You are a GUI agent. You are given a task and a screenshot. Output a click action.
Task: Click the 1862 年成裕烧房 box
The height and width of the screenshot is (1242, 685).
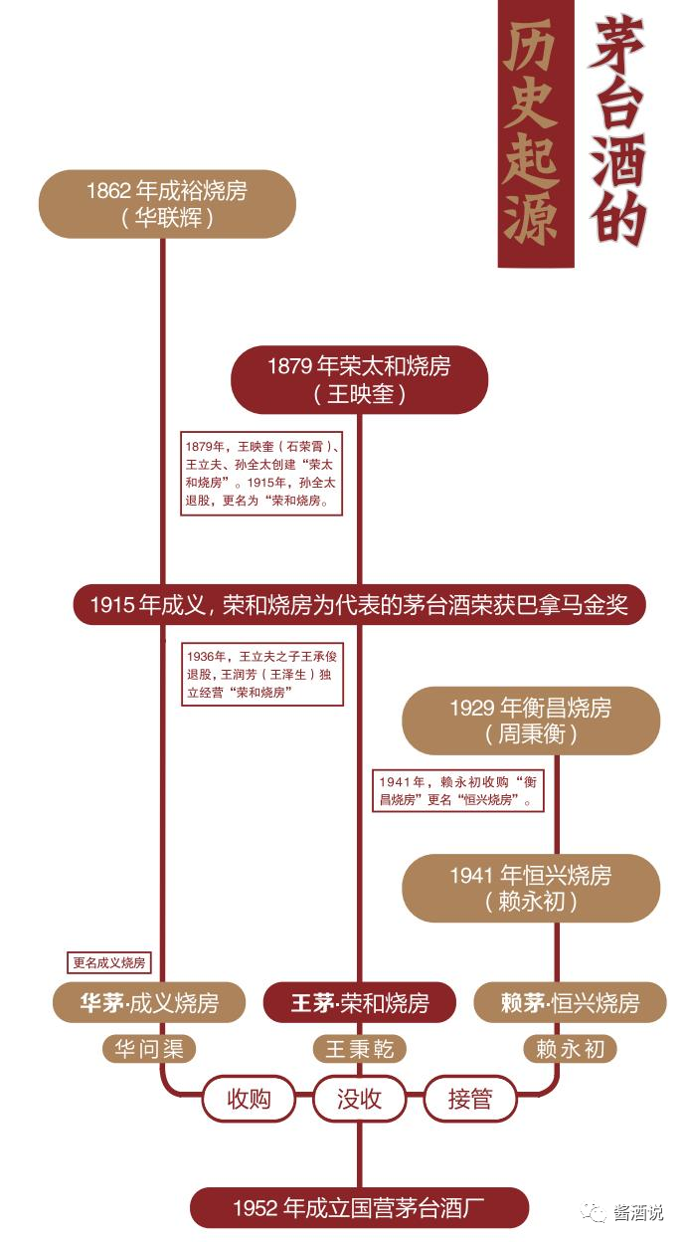pyautogui.click(x=167, y=203)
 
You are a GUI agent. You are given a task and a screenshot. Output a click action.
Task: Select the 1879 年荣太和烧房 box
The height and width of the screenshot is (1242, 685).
pyautogui.click(x=359, y=379)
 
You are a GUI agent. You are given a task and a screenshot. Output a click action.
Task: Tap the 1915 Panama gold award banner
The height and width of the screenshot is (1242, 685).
pyautogui.click(x=359, y=604)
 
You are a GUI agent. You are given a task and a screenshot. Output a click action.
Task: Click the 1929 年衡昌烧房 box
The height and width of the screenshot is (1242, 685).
pyautogui.click(x=530, y=721)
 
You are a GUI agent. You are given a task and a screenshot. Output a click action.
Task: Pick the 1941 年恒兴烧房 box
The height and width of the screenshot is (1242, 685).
pyautogui.click(x=530, y=888)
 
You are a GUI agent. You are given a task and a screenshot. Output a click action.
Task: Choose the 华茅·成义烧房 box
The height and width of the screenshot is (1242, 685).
pyautogui.click(x=149, y=1002)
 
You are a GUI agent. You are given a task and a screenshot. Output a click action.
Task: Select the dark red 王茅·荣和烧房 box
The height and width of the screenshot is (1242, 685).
pyautogui.click(x=359, y=1002)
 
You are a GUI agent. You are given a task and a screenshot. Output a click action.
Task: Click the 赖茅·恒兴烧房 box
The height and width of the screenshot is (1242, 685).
pyautogui.click(x=570, y=1002)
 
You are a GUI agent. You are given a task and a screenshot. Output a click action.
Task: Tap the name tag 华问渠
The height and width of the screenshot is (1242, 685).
pyautogui.click(x=149, y=1048)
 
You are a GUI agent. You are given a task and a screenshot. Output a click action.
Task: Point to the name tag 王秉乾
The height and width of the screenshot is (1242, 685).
pyautogui.click(x=359, y=1049)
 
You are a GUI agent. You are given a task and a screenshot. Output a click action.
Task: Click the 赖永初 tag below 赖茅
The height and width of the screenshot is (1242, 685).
pyautogui.click(x=570, y=1048)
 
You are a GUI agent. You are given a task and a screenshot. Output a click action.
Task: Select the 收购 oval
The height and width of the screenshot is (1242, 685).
pyautogui.click(x=249, y=1099)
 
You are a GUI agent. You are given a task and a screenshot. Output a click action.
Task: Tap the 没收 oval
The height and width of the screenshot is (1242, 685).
pyautogui.click(x=359, y=1099)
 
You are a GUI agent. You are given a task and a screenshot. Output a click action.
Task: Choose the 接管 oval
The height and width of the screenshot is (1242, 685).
pyautogui.click(x=469, y=1099)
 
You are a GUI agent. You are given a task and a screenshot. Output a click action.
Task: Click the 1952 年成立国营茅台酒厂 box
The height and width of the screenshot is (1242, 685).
pyautogui.click(x=359, y=1208)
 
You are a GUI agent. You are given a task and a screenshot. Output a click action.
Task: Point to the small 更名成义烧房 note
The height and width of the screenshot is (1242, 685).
pyautogui.click(x=109, y=962)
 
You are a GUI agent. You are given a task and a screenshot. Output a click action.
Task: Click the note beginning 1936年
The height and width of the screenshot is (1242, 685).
pyautogui.click(x=262, y=675)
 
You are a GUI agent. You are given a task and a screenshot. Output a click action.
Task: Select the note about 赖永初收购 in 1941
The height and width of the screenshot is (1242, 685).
pyautogui.click(x=458, y=790)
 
